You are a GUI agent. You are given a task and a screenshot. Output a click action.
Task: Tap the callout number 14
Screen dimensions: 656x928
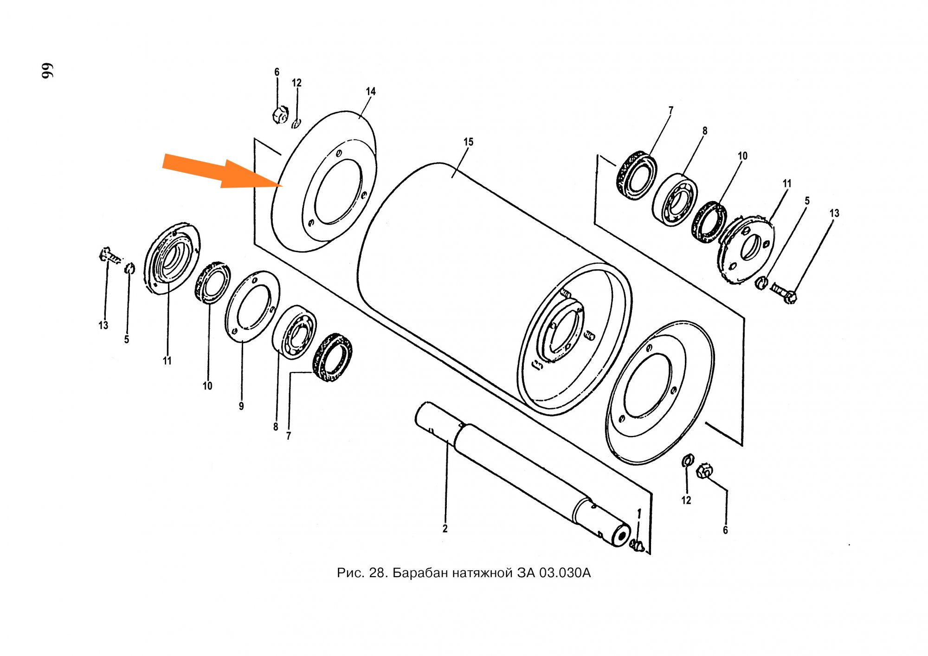click(x=370, y=91)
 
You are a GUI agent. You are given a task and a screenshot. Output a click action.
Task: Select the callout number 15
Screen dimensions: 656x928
click(x=468, y=142)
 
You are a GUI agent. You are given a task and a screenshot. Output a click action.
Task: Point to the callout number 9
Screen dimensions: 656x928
click(x=241, y=406)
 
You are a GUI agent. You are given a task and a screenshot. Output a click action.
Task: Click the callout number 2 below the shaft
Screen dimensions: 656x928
click(x=445, y=529)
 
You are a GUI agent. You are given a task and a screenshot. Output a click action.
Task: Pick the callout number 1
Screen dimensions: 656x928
click(x=639, y=513)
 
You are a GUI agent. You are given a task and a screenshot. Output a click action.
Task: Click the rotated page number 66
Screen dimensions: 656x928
click(x=48, y=70)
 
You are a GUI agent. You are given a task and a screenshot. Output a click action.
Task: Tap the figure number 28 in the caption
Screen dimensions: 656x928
click(x=377, y=573)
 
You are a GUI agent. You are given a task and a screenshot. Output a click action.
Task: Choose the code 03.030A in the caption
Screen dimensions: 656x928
click(x=565, y=573)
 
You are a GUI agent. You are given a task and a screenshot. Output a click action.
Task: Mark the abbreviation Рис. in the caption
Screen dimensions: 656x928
click(x=350, y=573)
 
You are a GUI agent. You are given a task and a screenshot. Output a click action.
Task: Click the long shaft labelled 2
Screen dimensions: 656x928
click(x=520, y=474)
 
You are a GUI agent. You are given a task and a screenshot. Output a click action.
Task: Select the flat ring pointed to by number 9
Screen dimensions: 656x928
click(x=252, y=306)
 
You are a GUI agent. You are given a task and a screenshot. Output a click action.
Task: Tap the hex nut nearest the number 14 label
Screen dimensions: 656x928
click(x=280, y=114)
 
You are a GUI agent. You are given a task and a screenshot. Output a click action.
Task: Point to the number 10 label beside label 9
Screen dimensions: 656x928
click(x=207, y=386)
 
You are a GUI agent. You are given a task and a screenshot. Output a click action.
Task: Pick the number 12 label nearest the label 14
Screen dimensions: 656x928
click(x=296, y=83)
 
